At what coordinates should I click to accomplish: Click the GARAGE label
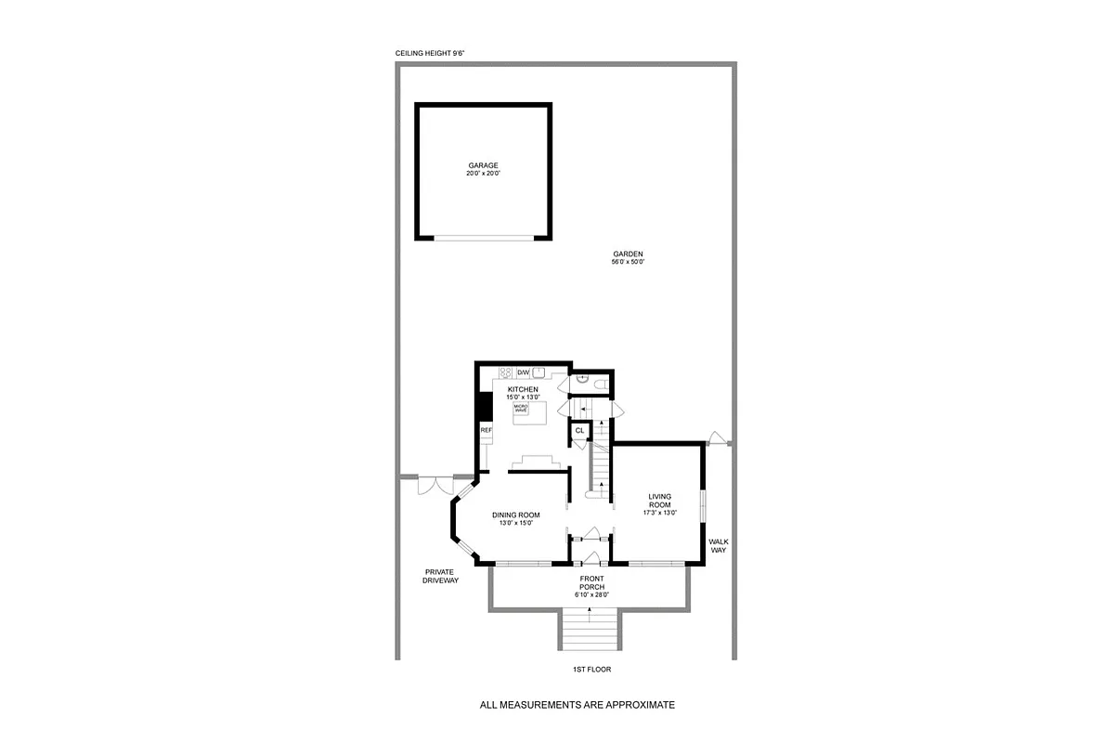pyautogui.click(x=483, y=166)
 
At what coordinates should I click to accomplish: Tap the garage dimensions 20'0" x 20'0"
pyautogui.click(x=483, y=175)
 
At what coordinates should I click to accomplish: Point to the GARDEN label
pyautogui.click(x=628, y=254)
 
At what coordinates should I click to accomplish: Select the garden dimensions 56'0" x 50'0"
pyautogui.click(x=628, y=263)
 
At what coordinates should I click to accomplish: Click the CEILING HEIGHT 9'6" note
pyautogui.click(x=429, y=54)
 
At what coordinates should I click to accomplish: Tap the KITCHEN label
pyautogui.click(x=522, y=389)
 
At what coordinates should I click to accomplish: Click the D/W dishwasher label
pyautogui.click(x=523, y=372)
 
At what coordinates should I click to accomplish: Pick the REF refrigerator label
pyautogui.click(x=485, y=431)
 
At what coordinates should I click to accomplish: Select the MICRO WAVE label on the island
pyautogui.click(x=521, y=408)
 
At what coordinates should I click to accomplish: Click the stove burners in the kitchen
pyautogui.click(x=506, y=373)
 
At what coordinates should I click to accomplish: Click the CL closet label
pyautogui.click(x=580, y=430)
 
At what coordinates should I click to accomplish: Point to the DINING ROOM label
pyautogui.click(x=515, y=515)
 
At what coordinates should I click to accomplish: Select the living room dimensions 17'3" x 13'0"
pyautogui.click(x=660, y=513)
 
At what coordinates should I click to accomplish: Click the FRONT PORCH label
pyautogui.click(x=591, y=582)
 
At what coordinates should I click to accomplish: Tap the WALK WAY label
pyautogui.click(x=718, y=545)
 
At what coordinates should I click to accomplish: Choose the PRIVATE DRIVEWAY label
pyautogui.click(x=440, y=576)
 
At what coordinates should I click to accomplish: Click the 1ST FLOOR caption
pyautogui.click(x=592, y=669)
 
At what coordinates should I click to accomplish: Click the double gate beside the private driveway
pyautogui.click(x=434, y=486)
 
